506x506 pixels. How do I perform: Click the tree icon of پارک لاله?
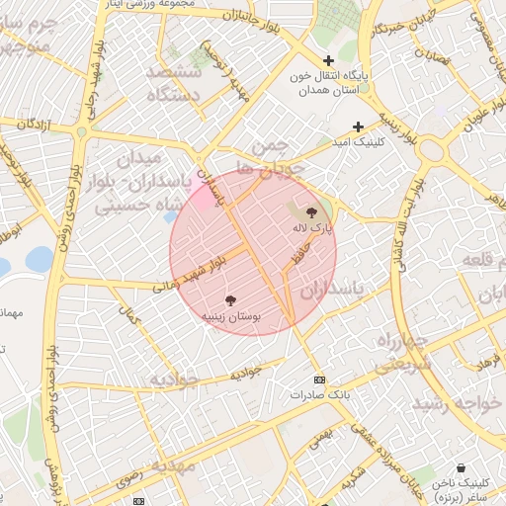[312, 211]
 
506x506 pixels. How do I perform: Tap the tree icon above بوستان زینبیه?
[231, 299]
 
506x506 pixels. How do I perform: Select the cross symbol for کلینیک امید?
[359, 126]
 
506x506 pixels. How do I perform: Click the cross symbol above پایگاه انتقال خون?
[328, 60]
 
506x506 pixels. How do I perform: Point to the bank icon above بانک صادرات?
[318, 379]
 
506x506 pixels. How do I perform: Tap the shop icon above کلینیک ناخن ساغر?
[462, 467]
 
